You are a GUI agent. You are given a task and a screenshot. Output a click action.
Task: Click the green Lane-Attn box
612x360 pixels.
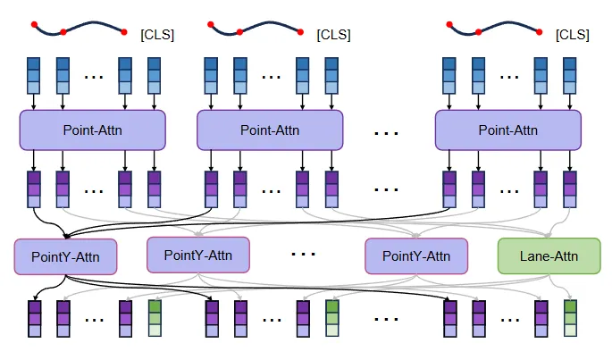549,256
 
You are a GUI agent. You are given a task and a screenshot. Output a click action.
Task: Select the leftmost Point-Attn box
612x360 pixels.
93,130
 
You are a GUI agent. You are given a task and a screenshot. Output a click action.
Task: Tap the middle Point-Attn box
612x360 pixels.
270,130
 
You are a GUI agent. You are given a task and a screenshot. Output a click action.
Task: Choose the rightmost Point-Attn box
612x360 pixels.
508,130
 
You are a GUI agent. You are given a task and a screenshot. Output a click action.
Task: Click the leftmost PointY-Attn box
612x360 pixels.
65,257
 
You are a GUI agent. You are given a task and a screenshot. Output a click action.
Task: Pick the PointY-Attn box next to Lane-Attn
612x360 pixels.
416,256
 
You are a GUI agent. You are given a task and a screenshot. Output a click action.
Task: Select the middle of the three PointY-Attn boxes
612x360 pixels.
198,255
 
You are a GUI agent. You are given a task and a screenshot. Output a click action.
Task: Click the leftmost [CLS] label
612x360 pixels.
157,35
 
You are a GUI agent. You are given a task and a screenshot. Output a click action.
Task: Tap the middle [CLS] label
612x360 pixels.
334,35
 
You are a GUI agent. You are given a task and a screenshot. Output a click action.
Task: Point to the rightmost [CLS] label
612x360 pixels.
573,35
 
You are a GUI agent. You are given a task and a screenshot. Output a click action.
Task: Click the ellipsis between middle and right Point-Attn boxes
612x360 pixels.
386,133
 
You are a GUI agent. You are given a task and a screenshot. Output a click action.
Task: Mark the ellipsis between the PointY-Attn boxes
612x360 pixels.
303,255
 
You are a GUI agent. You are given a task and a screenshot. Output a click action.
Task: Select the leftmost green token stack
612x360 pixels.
155,318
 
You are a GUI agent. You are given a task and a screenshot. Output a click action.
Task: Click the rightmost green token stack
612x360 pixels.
570,318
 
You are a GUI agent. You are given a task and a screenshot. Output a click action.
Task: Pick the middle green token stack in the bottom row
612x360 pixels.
332,318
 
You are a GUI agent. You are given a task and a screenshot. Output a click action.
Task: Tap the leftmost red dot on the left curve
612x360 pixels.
34,25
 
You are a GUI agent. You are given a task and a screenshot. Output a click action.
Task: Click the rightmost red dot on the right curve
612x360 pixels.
539,32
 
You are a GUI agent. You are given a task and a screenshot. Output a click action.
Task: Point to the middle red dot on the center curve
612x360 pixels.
239,32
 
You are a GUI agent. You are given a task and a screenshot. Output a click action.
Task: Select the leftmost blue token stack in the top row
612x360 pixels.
34,76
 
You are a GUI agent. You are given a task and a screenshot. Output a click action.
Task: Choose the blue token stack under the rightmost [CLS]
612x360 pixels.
570,76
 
